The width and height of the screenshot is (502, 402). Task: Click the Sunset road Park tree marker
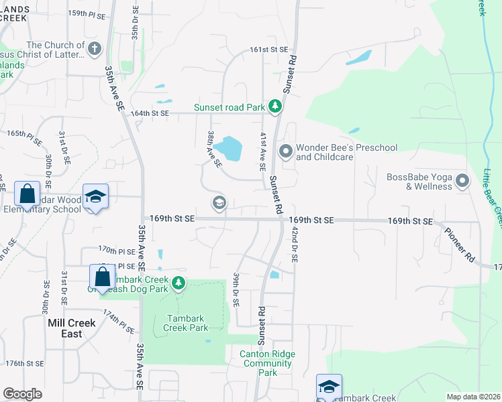tap(274, 107)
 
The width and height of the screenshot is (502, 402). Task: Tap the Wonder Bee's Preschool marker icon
tap(286, 152)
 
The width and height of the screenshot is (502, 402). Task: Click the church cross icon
tap(95, 49)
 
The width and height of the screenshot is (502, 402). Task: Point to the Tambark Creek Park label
tap(184, 323)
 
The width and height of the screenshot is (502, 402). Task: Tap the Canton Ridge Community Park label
tap(267, 363)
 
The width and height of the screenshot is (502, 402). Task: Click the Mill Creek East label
tap(72, 328)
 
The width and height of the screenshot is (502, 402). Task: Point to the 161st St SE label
tap(268, 50)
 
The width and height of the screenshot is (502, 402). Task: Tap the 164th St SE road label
tap(149, 113)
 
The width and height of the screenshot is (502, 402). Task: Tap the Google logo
tap(22, 394)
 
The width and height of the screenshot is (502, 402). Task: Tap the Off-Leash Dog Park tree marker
tap(178, 284)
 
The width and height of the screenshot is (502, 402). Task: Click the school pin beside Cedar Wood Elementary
tap(96, 196)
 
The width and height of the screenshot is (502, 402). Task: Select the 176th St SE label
tap(24, 363)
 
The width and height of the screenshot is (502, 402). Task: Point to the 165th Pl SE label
tap(25, 134)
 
